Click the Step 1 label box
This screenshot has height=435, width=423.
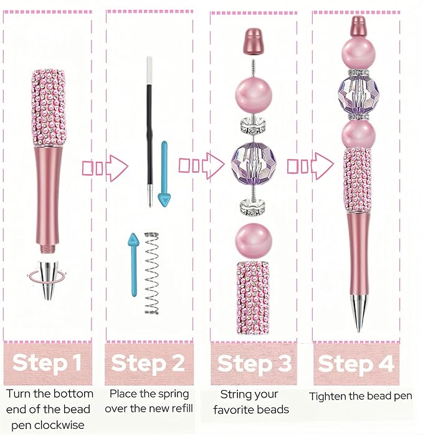coord(47,363)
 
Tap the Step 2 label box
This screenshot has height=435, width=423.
coord(149,363)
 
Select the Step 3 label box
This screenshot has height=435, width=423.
coord(254,363)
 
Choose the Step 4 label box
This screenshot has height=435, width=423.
coord(356,363)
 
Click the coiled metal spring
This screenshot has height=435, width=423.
coord(151,274)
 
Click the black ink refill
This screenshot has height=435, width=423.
coord(150,132)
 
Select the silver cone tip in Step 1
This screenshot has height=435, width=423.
coord(48,280)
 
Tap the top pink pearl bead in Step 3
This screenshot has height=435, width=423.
coord(254,95)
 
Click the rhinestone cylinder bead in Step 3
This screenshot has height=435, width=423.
coord(254,297)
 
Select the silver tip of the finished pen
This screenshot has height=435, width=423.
coord(359,313)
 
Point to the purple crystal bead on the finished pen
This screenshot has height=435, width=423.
coord(359,95)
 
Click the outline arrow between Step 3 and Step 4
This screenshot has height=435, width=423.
coord(310,166)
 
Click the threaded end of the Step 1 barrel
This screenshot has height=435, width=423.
coord(47,248)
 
